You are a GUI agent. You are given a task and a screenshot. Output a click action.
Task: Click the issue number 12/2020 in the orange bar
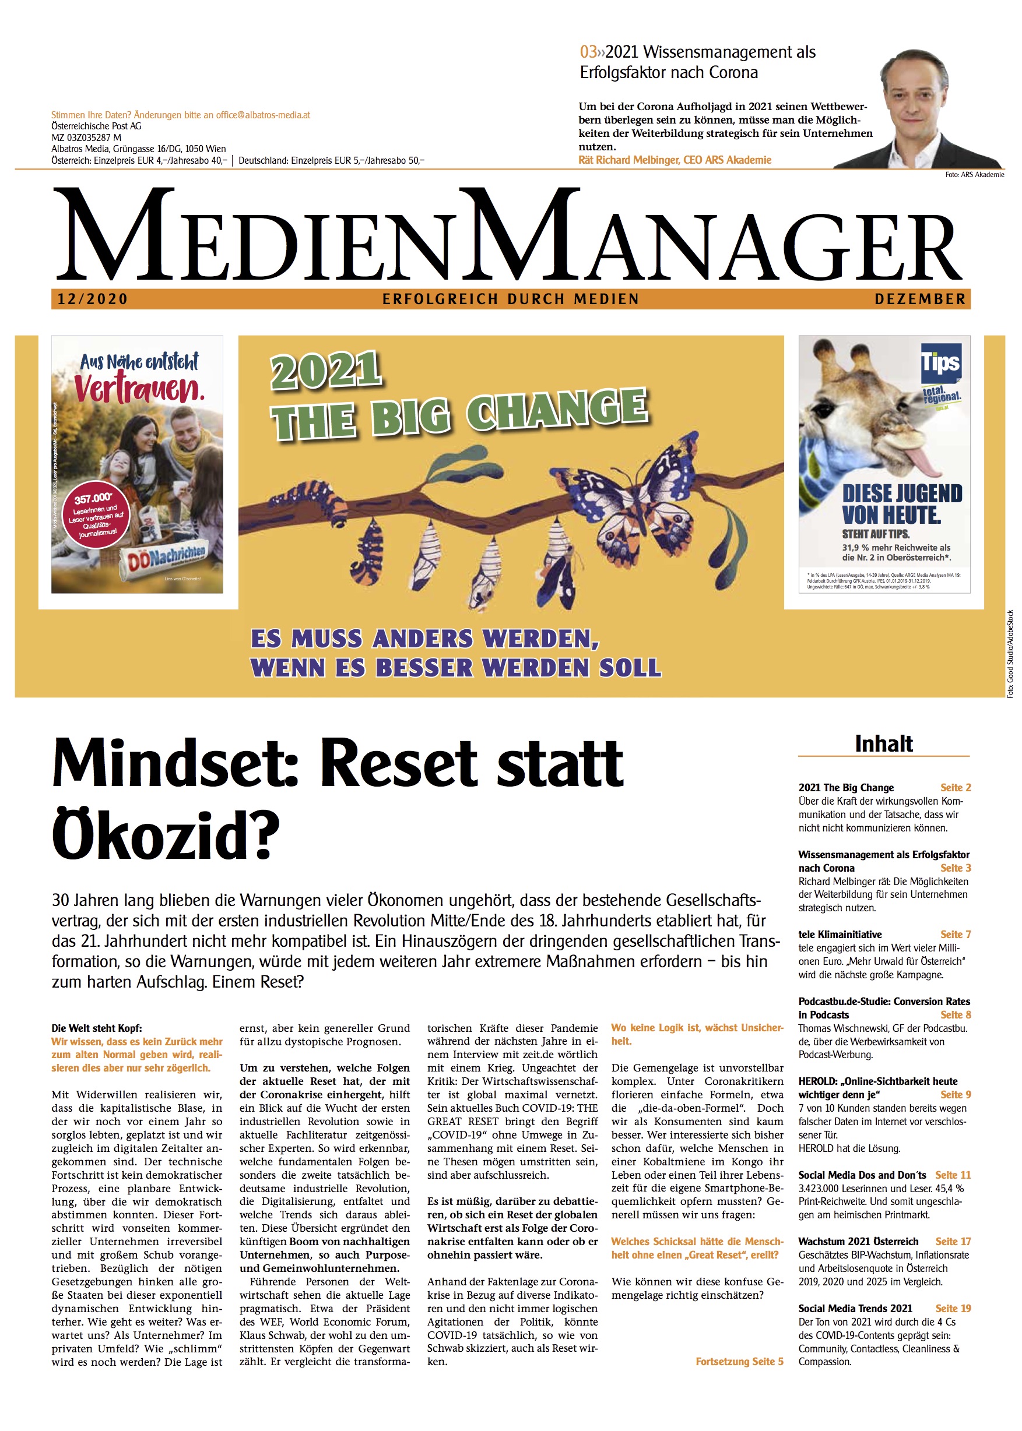coord(93,299)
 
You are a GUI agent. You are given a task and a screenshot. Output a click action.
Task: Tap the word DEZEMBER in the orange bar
coord(919,299)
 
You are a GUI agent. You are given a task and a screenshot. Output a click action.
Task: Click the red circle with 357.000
coord(97,515)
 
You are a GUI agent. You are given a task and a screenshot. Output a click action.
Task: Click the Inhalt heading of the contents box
coord(884,743)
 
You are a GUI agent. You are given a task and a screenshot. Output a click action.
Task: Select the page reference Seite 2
coord(956,788)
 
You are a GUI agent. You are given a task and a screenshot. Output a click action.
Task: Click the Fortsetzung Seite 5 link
coord(739,1361)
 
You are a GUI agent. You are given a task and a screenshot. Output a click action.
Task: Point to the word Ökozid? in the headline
coord(166,836)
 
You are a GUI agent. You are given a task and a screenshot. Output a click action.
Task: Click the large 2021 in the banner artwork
coord(326,371)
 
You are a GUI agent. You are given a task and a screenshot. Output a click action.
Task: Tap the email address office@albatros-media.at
coord(263,115)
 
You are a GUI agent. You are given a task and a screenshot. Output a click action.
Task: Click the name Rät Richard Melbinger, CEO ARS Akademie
coord(675,160)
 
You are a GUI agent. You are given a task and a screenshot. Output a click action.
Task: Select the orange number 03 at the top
coord(588,52)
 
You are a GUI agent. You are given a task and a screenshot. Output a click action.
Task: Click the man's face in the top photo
coord(920,94)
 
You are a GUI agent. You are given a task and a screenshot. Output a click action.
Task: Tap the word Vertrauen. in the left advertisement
coord(139,387)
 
